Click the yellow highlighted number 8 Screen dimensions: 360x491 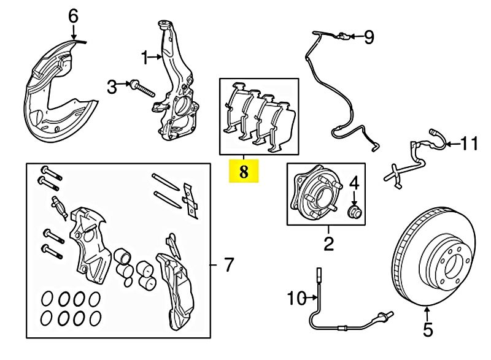click(x=244, y=172)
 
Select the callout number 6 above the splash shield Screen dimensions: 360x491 click(x=73, y=16)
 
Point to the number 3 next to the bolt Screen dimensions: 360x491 click(x=112, y=87)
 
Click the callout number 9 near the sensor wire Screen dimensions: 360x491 click(x=368, y=38)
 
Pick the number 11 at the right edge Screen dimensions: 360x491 click(x=469, y=144)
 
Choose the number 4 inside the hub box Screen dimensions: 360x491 click(x=354, y=183)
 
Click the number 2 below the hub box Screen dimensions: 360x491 click(x=328, y=245)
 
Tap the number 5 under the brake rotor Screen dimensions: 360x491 click(x=428, y=330)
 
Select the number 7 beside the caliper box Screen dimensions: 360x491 click(x=228, y=265)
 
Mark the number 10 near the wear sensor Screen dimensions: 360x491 click(x=296, y=299)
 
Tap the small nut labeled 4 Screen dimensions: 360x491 click(x=354, y=212)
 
